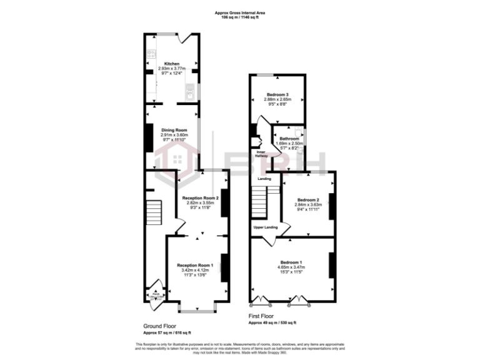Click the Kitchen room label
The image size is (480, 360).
(x=172, y=64)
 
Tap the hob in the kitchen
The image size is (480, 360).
(x=151, y=54)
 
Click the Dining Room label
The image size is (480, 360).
(x=171, y=129)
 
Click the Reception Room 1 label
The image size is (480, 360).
(x=195, y=265)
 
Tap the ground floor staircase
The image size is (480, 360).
(x=153, y=216)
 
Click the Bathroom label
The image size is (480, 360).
(x=289, y=138)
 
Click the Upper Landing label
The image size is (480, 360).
(x=265, y=227)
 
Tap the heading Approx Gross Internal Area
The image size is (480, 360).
(x=239, y=12)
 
